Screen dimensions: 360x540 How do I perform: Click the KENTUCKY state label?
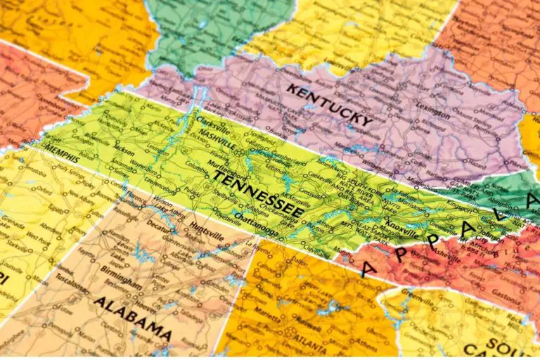tap(329, 105)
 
